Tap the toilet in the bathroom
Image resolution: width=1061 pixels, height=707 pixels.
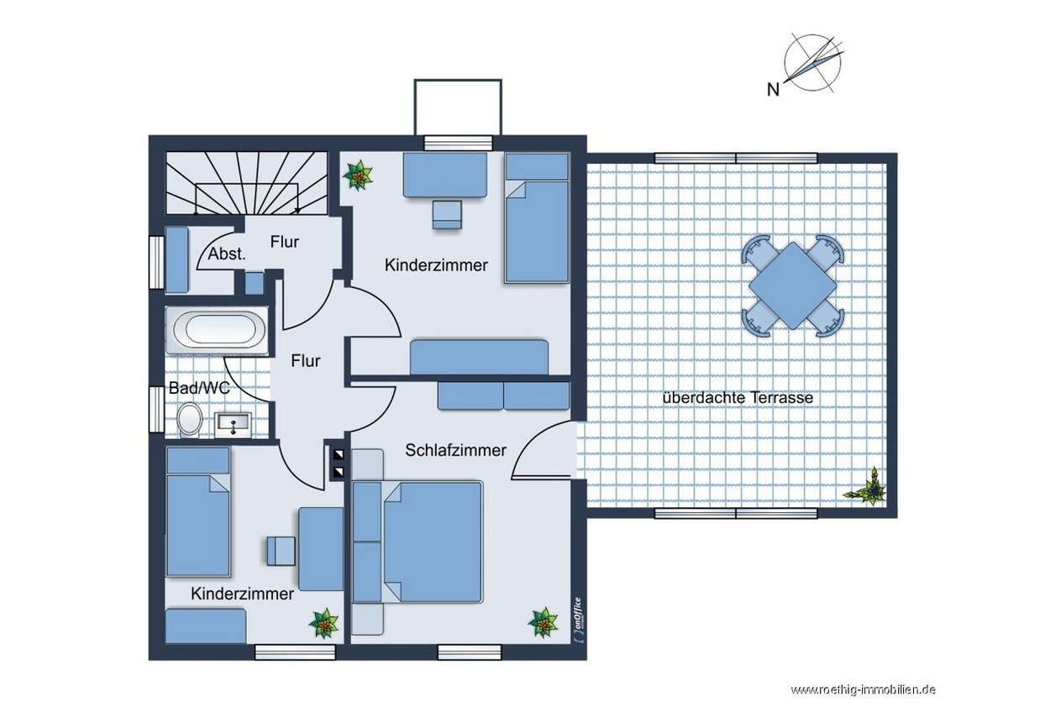tap(190, 420)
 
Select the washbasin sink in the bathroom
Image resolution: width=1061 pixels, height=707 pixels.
tap(233, 424)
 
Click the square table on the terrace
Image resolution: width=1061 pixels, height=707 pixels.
tap(792, 285)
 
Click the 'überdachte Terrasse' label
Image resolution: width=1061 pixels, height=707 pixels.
tap(738, 397)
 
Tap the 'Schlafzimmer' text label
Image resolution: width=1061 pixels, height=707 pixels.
tap(455, 450)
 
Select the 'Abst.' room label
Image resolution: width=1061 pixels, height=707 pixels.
tap(227, 254)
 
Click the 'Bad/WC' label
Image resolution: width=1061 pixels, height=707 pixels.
tap(199, 388)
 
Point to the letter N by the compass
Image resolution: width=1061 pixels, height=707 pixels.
tap(773, 90)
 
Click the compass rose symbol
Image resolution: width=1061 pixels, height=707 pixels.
tap(813, 63)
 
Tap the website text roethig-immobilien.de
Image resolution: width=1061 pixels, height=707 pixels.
tap(863, 690)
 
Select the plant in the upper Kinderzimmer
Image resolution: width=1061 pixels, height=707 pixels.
tap(358, 175)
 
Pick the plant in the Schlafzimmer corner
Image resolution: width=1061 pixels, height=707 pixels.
tap(543, 623)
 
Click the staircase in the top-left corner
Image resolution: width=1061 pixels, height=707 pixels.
tap(246, 183)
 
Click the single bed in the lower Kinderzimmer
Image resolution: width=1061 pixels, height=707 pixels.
tap(198, 512)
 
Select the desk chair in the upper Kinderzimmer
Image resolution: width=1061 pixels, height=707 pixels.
tap(447, 215)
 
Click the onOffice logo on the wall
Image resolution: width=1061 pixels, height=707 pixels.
tap(577, 620)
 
